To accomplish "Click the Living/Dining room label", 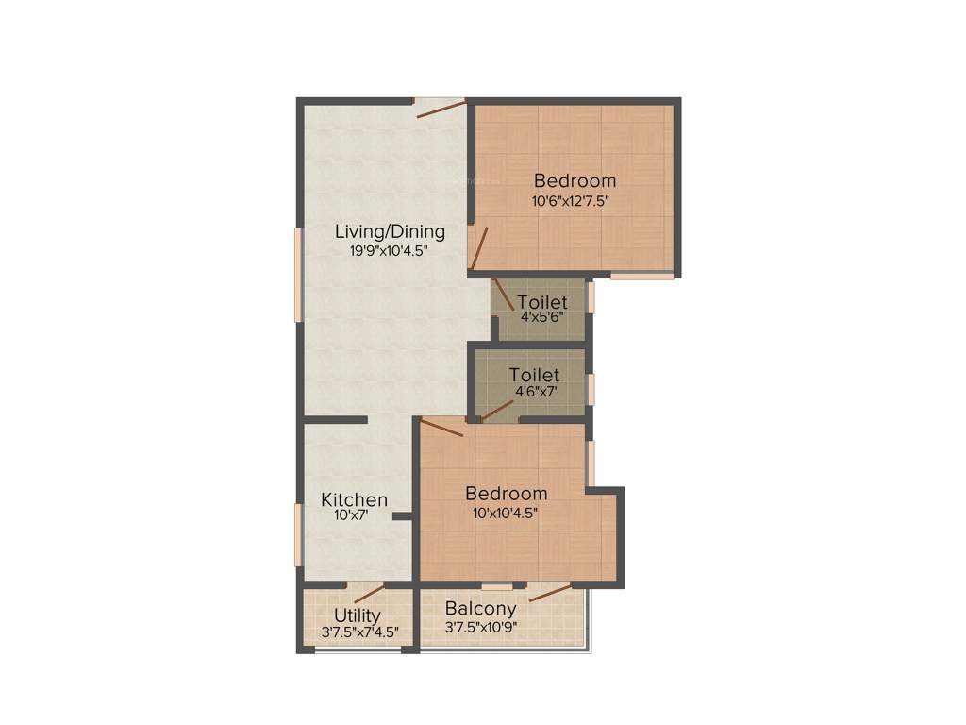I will tap(391, 231).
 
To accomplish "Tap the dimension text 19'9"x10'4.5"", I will tap(391, 251).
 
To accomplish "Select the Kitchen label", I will tap(354, 499).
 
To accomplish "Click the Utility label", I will tap(358, 616).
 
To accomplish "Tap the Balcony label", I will tap(481, 609).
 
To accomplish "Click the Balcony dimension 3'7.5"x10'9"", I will tap(481, 626).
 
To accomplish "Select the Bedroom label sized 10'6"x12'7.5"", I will tap(575, 180).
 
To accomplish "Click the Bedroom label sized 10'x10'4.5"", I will tap(507, 494).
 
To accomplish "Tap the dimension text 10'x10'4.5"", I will tap(507, 514).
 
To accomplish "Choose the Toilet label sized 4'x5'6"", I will tap(541, 303).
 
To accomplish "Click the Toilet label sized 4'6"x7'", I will tap(534, 376).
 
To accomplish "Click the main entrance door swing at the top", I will tap(441, 108).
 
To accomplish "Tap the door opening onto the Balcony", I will tap(550, 592).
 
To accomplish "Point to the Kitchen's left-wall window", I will tap(299, 534).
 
